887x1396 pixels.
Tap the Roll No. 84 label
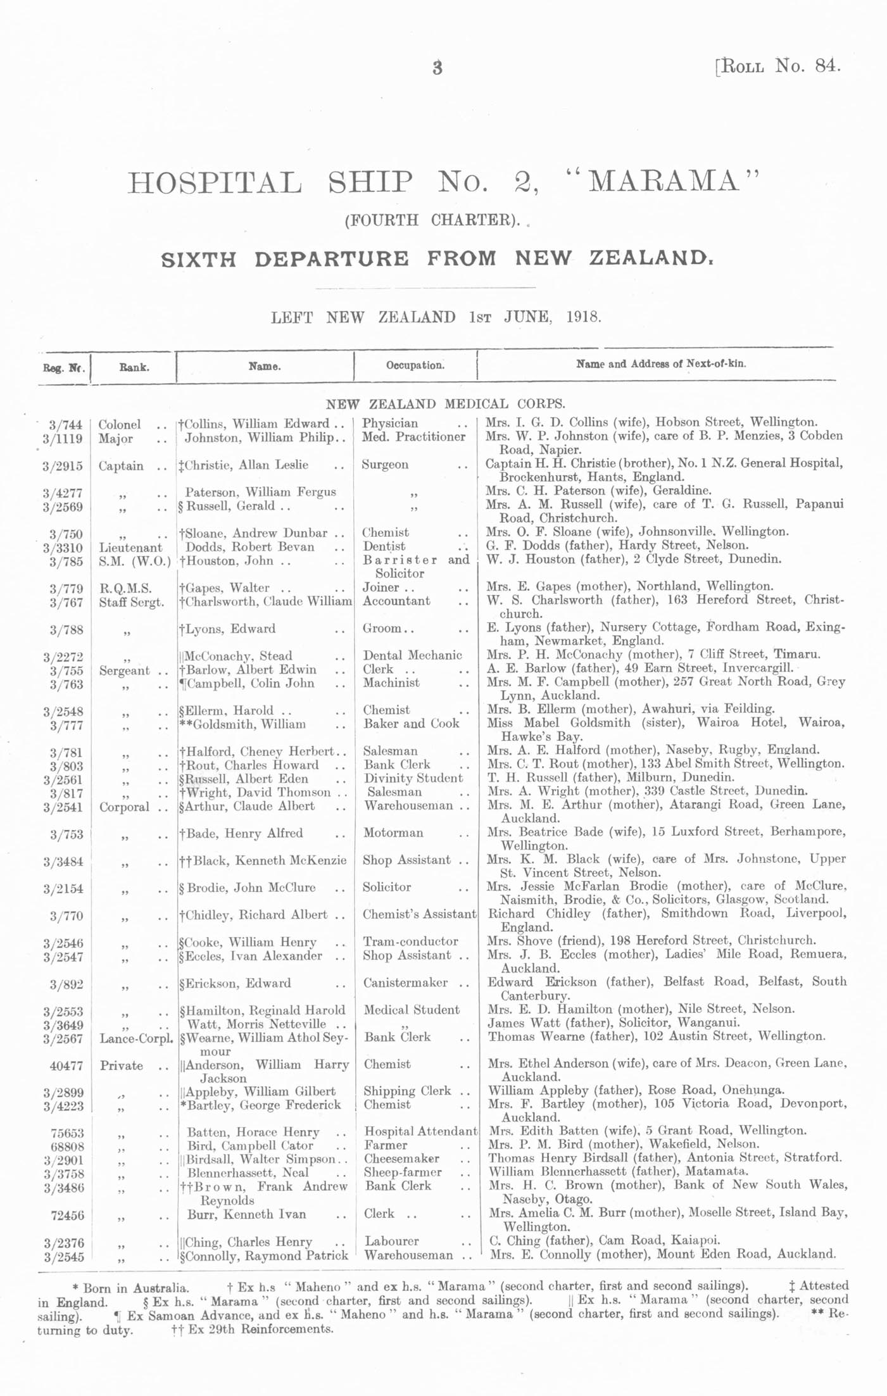pos(778,66)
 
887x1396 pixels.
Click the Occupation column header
pos(415,365)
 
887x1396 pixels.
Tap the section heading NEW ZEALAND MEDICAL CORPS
pos(445,403)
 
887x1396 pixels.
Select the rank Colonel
pos(120,424)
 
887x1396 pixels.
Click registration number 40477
pos(66,1066)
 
